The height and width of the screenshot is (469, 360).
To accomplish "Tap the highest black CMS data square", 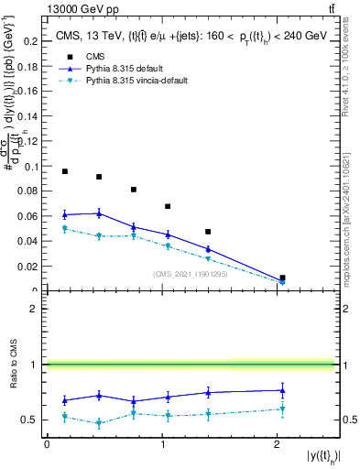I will point(65,171).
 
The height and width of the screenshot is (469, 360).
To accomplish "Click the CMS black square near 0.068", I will point(168,206).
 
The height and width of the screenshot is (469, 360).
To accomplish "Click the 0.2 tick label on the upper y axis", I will point(31,41).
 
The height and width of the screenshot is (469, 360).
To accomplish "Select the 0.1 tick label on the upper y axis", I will point(31,167).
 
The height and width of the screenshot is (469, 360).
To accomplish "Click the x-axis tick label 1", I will point(162,444).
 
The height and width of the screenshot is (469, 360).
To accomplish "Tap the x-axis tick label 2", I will point(278,444).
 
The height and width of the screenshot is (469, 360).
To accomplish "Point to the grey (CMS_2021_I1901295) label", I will point(191,273).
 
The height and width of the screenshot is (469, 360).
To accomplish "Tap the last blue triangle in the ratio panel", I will point(282,390).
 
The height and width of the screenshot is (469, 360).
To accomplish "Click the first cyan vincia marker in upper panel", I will point(65,229).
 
